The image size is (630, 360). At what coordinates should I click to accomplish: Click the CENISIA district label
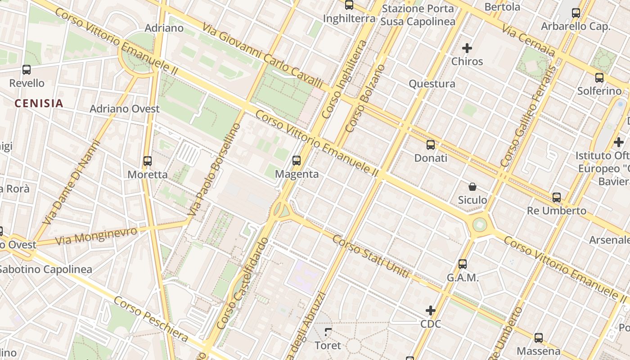click(39, 103)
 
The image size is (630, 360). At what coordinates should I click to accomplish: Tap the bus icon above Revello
click(27, 70)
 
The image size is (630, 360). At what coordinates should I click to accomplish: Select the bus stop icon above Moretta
click(148, 161)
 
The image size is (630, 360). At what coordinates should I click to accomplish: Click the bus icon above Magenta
click(297, 161)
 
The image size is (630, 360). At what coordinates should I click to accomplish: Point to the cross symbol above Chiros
click(467, 48)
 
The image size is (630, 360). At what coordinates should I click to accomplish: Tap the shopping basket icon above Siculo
click(472, 187)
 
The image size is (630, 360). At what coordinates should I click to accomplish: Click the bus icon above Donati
click(431, 145)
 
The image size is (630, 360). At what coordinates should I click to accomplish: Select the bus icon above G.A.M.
click(463, 264)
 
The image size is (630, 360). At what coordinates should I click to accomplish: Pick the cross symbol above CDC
click(431, 310)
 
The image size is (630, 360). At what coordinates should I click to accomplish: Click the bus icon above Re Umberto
click(557, 198)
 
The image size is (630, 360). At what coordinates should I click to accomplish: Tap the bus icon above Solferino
click(599, 78)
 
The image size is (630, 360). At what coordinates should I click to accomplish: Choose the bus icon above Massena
click(539, 338)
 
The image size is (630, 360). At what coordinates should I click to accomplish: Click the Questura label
click(432, 84)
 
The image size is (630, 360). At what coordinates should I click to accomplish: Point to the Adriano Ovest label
click(125, 109)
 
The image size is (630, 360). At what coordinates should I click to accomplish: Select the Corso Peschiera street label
click(150, 319)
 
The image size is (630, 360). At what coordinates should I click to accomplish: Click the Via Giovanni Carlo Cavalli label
click(262, 55)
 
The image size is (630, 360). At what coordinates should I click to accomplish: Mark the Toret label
click(328, 346)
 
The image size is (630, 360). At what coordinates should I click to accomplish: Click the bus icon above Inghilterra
click(349, 5)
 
